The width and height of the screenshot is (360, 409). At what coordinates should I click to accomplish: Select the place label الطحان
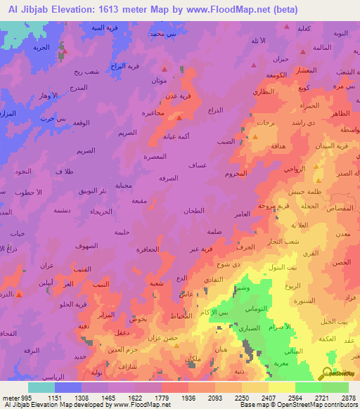point(193,211)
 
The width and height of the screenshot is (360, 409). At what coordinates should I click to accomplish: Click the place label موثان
point(159,80)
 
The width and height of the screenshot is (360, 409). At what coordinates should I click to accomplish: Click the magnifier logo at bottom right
point(328,373)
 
